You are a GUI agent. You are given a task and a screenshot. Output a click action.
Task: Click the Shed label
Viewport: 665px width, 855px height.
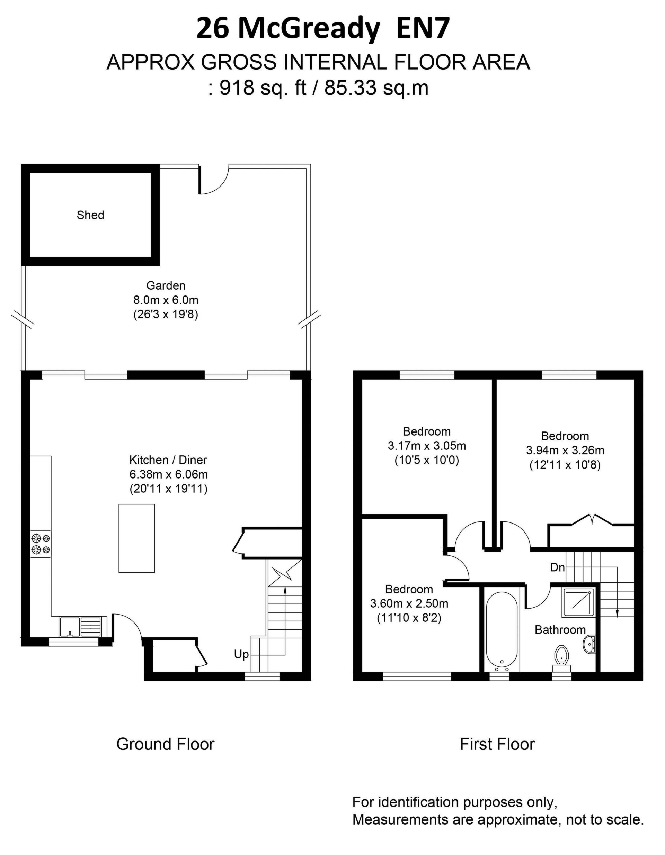pyautogui.click(x=90, y=215)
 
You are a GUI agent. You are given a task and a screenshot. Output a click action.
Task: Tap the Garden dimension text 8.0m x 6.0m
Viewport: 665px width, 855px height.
pyautogui.click(x=166, y=300)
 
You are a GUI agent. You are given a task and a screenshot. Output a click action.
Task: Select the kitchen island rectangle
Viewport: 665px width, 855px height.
pyautogui.click(x=137, y=538)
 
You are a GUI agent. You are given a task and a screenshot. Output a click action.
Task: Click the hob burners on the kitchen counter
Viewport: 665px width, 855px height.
pyautogui.click(x=41, y=544)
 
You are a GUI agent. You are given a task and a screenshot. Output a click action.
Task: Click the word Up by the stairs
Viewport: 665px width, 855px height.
pyautogui.click(x=241, y=654)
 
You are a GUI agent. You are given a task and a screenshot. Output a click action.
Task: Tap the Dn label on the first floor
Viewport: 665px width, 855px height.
pyautogui.click(x=558, y=567)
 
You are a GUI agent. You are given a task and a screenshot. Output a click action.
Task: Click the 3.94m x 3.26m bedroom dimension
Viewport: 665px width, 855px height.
pyautogui.click(x=565, y=450)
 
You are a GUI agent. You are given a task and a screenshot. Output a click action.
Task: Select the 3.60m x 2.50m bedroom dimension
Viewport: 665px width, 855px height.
pyautogui.click(x=409, y=603)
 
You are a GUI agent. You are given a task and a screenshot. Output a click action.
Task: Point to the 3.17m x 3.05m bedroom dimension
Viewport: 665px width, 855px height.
pyautogui.click(x=427, y=446)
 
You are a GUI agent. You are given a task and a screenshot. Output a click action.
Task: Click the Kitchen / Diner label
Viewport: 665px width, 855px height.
pyautogui.click(x=168, y=460)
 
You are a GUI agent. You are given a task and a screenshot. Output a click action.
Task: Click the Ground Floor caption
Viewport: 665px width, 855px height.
pyautogui.click(x=165, y=744)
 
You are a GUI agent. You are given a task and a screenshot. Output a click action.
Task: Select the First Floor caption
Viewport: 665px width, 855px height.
pyautogui.click(x=497, y=744)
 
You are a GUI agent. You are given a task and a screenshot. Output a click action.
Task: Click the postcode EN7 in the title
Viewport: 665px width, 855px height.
pyautogui.click(x=423, y=29)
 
